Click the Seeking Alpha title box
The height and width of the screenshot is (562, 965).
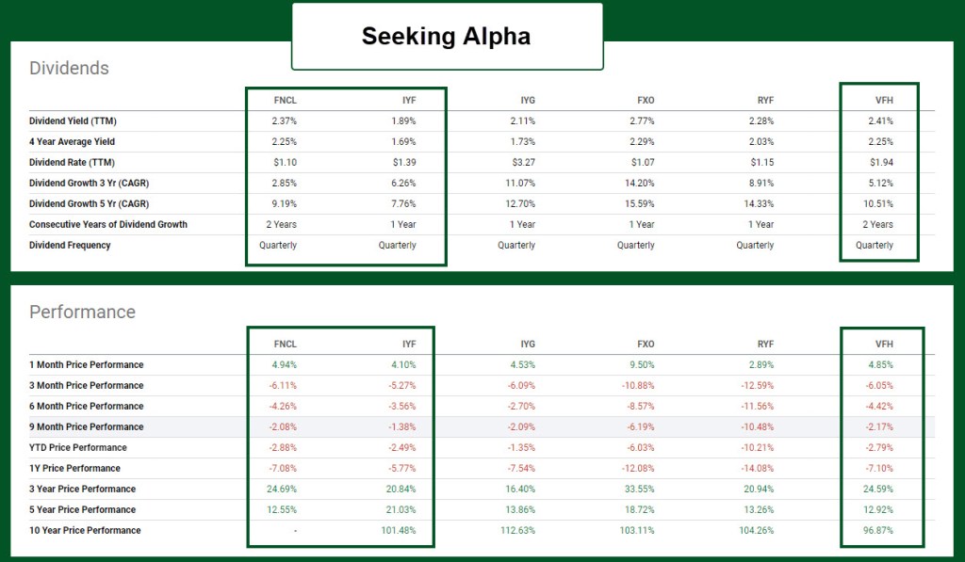(446, 37)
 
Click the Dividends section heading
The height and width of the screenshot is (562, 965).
(69, 68)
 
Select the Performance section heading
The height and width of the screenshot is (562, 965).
(82, 312)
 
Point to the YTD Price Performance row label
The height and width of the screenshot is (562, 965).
(77, 447)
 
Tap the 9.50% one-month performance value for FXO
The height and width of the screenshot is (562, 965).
(642, 364)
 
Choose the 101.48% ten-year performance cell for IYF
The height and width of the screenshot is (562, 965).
(398, 530)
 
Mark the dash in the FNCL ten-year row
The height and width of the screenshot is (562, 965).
(295, 530)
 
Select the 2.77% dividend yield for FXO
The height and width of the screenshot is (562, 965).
(642, 120)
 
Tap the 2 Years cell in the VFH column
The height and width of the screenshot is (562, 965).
(875, 224)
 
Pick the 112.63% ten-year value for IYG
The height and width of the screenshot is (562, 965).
(517, 530)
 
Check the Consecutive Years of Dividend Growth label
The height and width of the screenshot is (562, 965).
(108, 224)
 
